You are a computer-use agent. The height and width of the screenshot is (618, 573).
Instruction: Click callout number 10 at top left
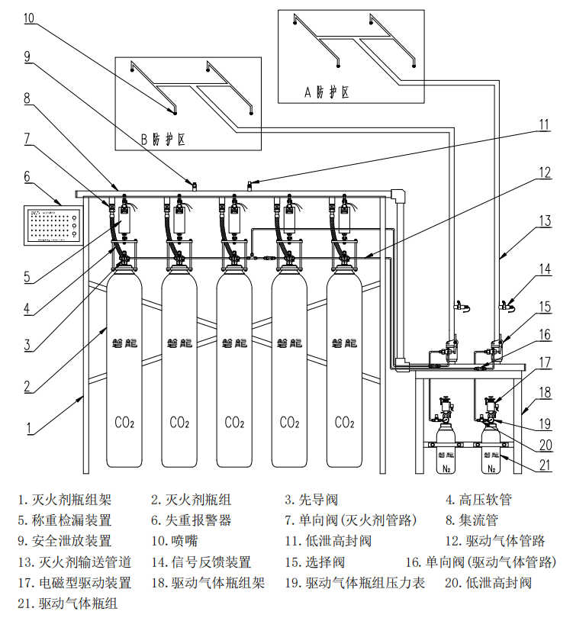click(28, 17)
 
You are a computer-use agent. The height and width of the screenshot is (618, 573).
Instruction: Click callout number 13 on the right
click(545, 220)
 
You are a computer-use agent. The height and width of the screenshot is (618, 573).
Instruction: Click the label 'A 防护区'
click(327, 92)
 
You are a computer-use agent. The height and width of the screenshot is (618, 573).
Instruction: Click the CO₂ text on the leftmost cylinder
click(125, 422)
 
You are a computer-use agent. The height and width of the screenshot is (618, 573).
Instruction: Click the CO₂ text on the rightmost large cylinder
click(345, 422)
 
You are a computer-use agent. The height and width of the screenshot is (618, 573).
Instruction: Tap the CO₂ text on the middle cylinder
click(235, 422)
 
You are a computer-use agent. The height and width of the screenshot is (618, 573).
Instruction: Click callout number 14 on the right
click(545, 269)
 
